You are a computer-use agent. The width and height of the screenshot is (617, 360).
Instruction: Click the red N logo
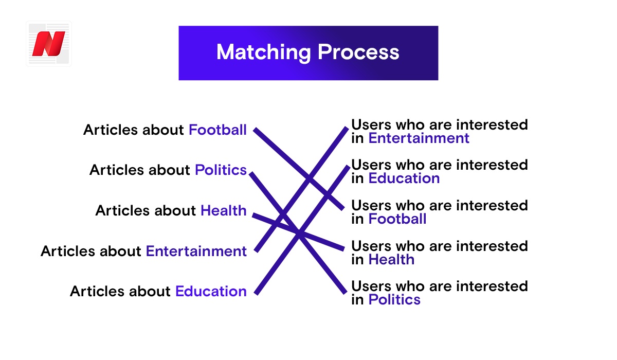point(49,44)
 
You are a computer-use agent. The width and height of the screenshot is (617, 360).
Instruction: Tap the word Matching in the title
point(264,52)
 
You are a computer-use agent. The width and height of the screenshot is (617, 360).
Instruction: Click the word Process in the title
point(358,52)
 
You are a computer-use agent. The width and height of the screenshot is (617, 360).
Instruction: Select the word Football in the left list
point(217,130)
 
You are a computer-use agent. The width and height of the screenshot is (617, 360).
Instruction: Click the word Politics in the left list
point(221,170)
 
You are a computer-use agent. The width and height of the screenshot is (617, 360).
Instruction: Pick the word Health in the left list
point(223,210)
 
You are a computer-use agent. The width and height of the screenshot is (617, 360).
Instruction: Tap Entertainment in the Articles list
point(196,251)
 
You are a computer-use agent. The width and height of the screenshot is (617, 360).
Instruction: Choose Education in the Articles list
point(211,291)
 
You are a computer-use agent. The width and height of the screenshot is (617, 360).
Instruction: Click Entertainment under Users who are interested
point(419,138)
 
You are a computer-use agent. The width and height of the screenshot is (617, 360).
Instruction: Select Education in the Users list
point(404,178)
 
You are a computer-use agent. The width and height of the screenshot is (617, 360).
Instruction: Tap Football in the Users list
point(397,219)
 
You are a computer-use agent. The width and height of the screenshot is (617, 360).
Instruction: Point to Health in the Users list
point(391,260)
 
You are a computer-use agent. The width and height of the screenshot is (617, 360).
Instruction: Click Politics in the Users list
point(394,300)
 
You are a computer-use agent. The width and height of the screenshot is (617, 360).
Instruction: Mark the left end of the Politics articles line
point(251,173)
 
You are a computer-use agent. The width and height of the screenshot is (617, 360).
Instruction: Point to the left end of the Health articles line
point(253,215)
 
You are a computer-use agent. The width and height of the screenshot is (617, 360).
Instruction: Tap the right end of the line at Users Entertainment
point(347,128)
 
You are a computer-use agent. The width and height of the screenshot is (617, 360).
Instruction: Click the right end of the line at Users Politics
point(345,293)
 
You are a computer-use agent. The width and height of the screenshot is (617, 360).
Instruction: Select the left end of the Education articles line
point(256,294)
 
